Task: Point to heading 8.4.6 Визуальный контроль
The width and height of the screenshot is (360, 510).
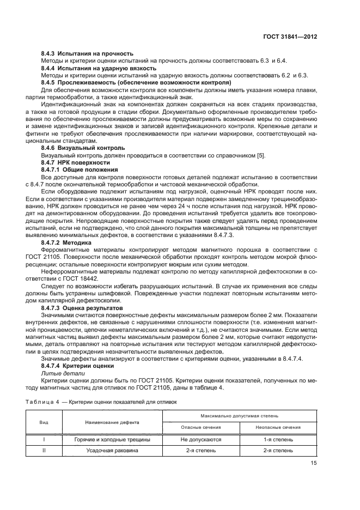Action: (83, 148)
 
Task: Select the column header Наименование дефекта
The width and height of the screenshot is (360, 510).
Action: (112, 422)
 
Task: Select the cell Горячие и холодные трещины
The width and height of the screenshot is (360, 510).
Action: (112, 439)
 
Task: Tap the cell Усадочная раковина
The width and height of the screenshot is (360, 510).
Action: (112, 451)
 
